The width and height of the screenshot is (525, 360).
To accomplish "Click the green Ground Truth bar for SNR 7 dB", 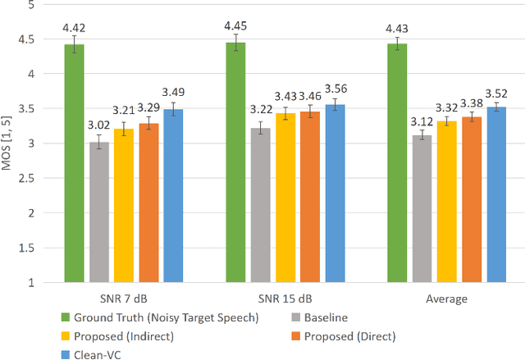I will coord(75,164).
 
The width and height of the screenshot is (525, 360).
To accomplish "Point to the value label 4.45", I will coord(236,25).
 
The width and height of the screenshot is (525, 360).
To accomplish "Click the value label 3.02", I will coord(99,125).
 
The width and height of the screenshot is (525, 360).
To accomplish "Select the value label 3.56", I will coord(335,89).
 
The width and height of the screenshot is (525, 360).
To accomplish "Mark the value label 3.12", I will coord(422,121).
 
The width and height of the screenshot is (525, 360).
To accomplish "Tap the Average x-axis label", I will coord(447,299).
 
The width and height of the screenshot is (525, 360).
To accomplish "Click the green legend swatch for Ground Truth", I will coord(66,317).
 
